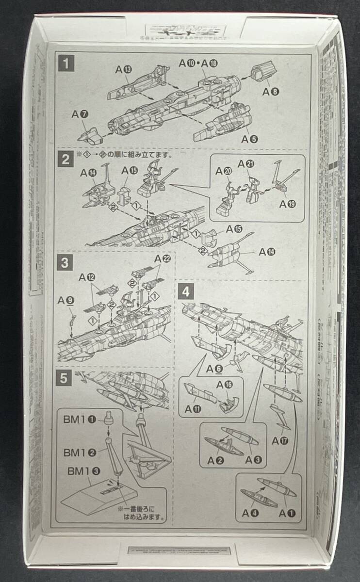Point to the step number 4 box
click(x=186, y=292)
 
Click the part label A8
click(x=271, y=92)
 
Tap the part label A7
click(x=79, y=114)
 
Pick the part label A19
click(x=288, y=204)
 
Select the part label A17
click(x=280, y=441)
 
